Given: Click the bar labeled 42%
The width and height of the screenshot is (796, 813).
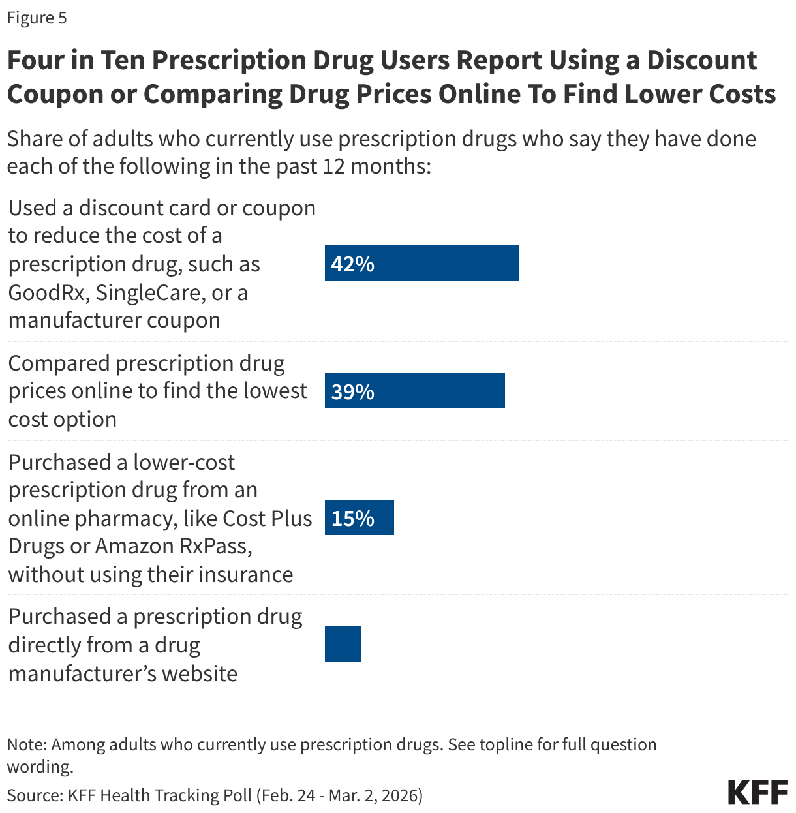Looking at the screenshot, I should tap(421, 263).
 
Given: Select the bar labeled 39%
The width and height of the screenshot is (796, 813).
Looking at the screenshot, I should tap(414, 391).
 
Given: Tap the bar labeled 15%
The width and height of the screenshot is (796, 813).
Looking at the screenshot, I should tap(359, 517).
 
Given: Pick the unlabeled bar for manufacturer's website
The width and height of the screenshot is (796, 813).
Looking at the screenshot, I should tap(343, 644).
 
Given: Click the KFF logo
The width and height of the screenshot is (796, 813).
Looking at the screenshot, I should tap(758, 791).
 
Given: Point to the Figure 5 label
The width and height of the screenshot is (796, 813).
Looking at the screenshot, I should tap(37, 18).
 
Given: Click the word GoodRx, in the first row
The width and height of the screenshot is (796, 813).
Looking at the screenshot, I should tap(46, 292).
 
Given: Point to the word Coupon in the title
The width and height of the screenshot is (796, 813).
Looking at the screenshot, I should tap(52, 94).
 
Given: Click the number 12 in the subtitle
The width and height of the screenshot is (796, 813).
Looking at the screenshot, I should tap(334, 166).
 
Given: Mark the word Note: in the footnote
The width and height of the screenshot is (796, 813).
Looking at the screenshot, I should tap(27, 744).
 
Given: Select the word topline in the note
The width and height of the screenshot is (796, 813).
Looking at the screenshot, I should tap(506, 744).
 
